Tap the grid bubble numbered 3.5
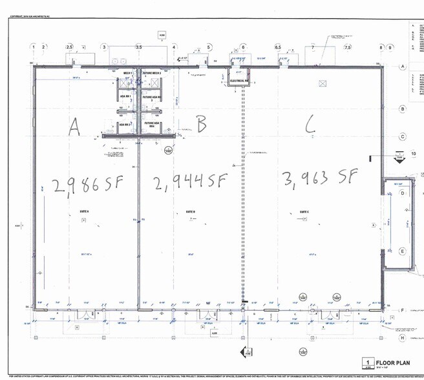click(x=138, y=47)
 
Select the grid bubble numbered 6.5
click(x=278, y=47)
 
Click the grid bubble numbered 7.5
click(x=347, y=47)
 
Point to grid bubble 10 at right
click(x=414, y=154)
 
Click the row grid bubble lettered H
click(x=402, y=337)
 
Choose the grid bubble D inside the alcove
click(x=402, y=193)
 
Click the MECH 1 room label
click(x=128, y=74)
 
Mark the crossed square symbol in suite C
click(x=321, y=84)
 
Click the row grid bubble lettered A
click(x=402, y=67)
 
